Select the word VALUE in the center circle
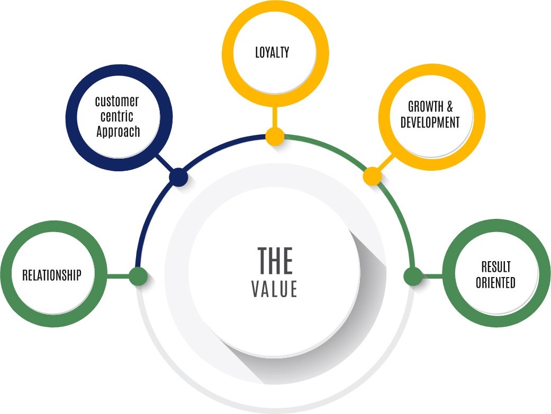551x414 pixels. coord(274,289)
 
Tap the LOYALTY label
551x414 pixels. coord(272,52)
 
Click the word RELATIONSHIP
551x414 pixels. coord(51,275)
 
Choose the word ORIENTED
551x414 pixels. coord(495,283)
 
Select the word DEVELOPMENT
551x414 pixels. coord(430,123)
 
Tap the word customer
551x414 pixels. coord(117,100)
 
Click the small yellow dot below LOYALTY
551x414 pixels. coord(275,136)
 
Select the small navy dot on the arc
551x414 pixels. coord(179,177)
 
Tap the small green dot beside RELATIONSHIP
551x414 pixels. coord(138,276)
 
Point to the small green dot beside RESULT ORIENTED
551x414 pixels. coord(412,276)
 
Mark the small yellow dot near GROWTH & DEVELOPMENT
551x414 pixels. coord(372,176)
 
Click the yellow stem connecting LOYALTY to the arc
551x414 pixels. coord(274,117)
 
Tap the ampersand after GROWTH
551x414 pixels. coord(450,107)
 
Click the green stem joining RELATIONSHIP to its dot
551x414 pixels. coord(119,276)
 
